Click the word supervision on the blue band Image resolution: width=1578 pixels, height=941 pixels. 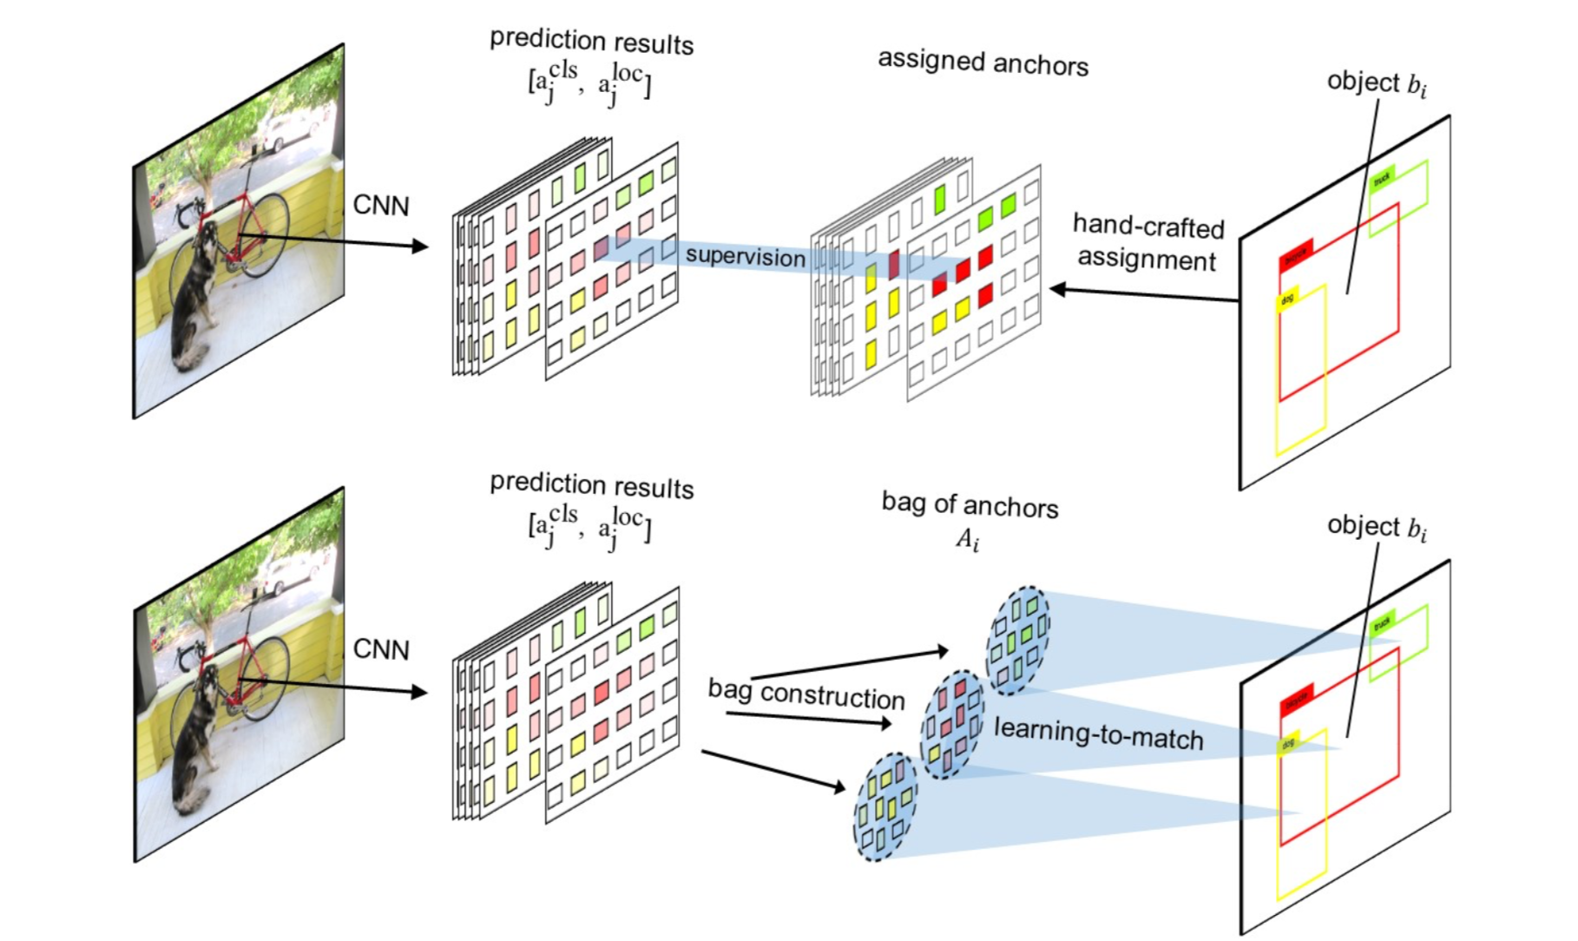tap(745, 257)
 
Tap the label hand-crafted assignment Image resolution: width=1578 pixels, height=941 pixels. tap(1147, 243)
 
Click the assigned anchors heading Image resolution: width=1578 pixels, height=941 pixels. tap(983, 63)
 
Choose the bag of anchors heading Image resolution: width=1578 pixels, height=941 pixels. tap(970, 505)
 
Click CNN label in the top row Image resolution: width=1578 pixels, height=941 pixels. tap(380, 206)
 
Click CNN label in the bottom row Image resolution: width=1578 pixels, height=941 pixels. tap(380, 649)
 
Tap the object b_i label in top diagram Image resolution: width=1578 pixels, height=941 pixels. tap(1376, 83)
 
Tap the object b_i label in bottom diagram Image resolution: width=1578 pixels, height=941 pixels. tap(1376, 527)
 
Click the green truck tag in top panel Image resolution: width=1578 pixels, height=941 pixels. tap(1382, 178)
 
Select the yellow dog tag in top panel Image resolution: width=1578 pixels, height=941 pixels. tap(1287, 299)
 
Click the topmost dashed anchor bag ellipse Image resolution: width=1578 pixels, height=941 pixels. tap(1017, 641)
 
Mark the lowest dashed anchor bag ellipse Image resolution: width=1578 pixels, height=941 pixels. tap(884, 807)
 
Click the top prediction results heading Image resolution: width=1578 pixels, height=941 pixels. tap(591, 42)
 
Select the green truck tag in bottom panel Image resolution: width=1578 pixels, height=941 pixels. tap(1382, 622)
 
